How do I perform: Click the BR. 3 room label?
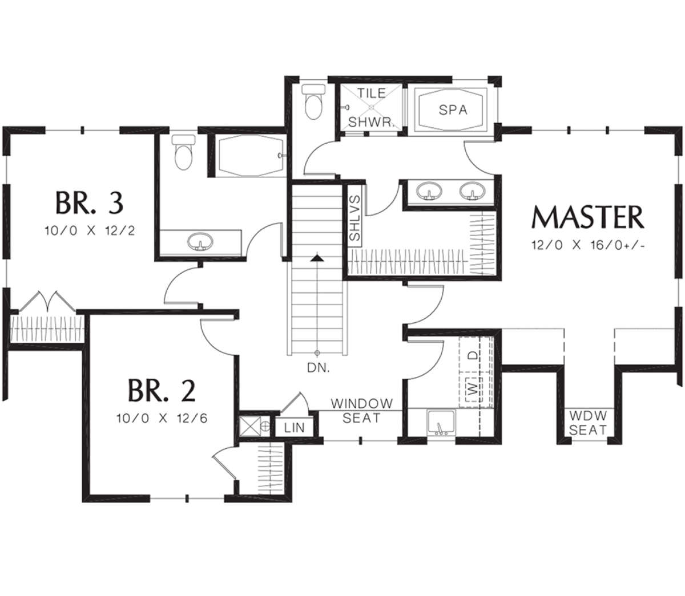click(x=90, y=202)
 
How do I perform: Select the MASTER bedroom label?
click(x=588, y=217)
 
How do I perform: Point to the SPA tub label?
click(x=453, y=110)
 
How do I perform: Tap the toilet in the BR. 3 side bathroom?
click(x=183, y=152)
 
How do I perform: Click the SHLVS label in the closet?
click(x=354, y=218)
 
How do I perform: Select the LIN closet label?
click(x=295, y=428)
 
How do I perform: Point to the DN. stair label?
click(x=319, y=368)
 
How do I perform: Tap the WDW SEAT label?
click(x=588, y=423)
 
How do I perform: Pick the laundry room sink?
click(x=441, y=423)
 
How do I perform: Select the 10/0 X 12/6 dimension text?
click(x=162, y=419)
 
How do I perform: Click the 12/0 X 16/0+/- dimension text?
click(x=588, y=245)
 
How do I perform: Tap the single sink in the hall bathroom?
click(x=200, y=241)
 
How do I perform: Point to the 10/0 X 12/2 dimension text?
click(x=90, y=231)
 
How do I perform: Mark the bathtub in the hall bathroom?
click(x=250, y=156)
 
